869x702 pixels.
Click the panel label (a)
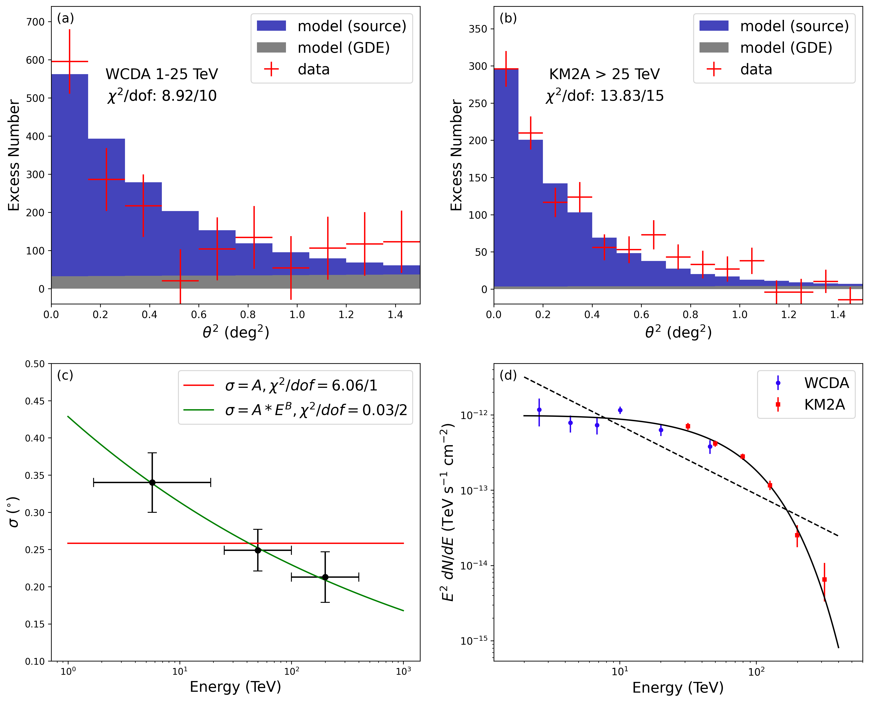pyautogui.click(x=65, y=18)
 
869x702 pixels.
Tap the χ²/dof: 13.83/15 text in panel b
pyautogui.click(x=604, y=96)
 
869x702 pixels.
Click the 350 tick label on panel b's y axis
pyautogui.click(x=478, y=29)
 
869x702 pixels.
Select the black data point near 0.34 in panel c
pyautogui.click(x=152, y=482)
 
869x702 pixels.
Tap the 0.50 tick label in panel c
pyautogui.click(x=35, y=364)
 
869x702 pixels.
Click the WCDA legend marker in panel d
pyautogui.click(x=778, y=383)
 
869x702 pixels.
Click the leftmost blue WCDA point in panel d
pyautogui.click(x=539, y=410)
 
